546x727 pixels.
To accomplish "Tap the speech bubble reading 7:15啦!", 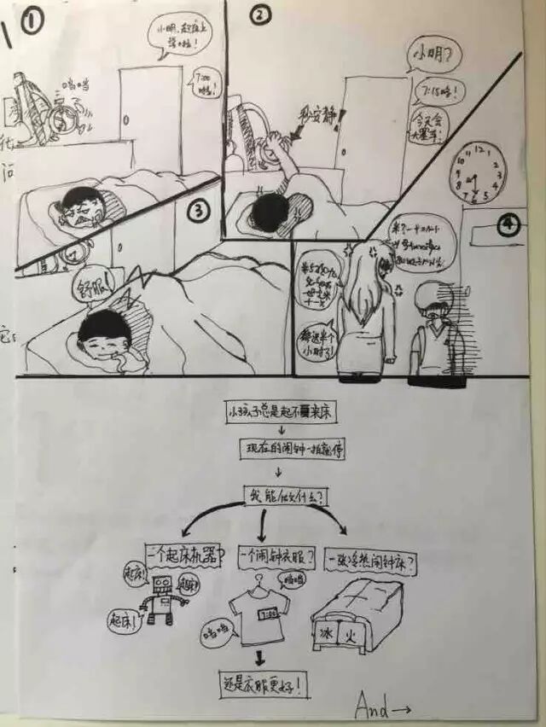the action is [x=438, y=90].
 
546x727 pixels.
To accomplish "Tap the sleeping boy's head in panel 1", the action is [x=81, y=206].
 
